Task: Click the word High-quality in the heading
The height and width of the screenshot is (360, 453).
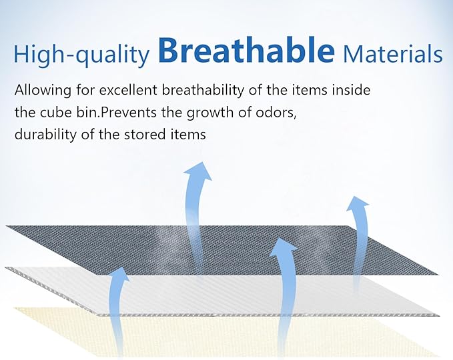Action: (x=82, y=54)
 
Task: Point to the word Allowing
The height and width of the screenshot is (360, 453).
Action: (x=43, y=91)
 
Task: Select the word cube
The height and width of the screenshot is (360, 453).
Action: (x=56, y=112)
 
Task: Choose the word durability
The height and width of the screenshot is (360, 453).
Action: (x=46, y=135)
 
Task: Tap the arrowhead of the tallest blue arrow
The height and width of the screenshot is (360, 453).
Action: (x=199, y=171)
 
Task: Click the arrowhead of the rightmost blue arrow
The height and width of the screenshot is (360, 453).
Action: (x=357, y=201)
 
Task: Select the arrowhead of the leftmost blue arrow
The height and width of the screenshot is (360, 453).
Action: (x=119, y=274)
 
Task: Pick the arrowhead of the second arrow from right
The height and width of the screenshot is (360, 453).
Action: (x=283, y=247)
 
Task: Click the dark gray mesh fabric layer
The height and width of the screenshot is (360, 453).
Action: (x=219, y=249)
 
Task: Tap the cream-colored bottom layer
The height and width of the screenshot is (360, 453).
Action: (x=219, y=335)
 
